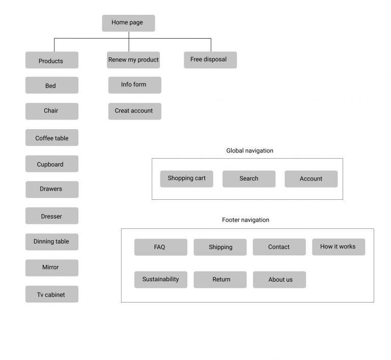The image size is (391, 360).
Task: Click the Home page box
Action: (128, 23)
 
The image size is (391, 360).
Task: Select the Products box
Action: (51, 61)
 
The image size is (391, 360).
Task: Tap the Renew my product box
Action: (133, 60)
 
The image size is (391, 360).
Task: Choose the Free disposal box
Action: (210, 59)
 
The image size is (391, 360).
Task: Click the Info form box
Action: (134, 85)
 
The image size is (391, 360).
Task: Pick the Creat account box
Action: (134, 111)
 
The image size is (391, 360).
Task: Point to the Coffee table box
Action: (51, 138)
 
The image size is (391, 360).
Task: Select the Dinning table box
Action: (51, 242)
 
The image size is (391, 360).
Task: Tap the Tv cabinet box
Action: (51, 294)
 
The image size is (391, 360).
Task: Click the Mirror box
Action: (51, 267)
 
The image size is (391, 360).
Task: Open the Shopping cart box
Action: (186, 178)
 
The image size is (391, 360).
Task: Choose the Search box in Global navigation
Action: (248, 178)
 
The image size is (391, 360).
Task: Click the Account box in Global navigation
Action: (311, 178)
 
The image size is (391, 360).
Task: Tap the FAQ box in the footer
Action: (160, 247)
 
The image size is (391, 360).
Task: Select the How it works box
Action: (338, 247)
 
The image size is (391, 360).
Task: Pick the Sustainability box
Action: (160, 279)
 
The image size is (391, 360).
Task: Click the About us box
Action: (279, 279)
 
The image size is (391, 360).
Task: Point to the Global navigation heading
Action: (249, 151)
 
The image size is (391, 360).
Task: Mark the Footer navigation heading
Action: (245, 220)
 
